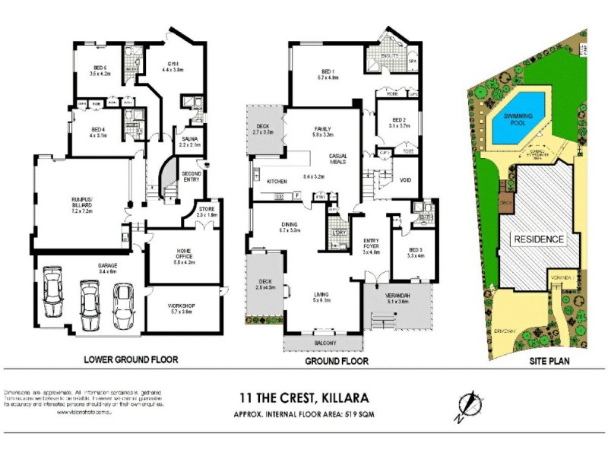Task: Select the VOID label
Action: tap(405, 181)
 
